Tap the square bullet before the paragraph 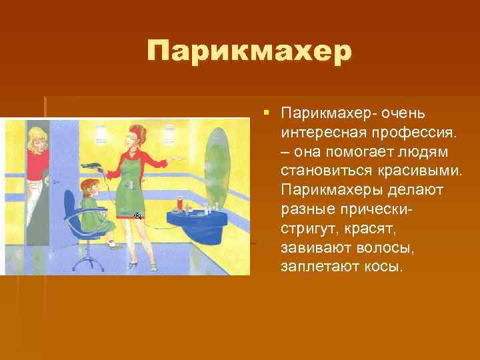click(x=265, y=109)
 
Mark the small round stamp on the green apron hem click(x=137, y=216)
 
